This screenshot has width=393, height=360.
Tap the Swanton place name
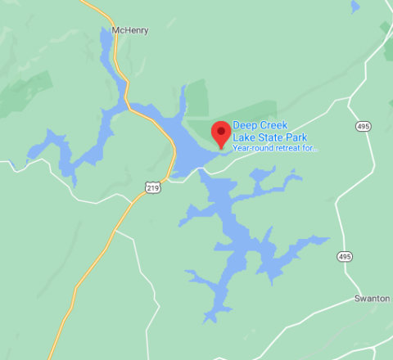pos(373,298)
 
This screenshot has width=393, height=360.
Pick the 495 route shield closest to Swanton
pos(345,257)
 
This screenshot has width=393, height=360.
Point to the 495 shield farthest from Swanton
pos(362,126)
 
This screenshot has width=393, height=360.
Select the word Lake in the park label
pos(243,137)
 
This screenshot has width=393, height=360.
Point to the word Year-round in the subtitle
pos(251,148)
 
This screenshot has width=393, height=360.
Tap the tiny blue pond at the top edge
pos(354,7)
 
